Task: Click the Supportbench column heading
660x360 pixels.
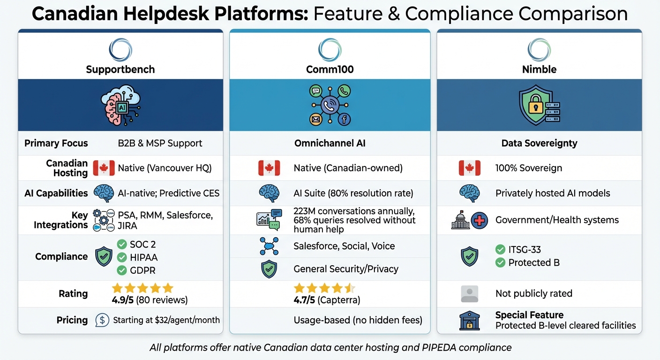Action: (x=120, y=70)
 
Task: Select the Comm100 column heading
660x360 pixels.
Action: (x=330, y=70)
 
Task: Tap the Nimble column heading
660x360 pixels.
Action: (x=539, y=70)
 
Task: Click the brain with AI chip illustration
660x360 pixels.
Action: (x=120, y=105)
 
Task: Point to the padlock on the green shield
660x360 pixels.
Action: (x=535, y=106)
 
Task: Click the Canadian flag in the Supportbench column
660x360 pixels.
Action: (x=104, y=168)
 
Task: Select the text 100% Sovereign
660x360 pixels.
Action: (x=528, y=168)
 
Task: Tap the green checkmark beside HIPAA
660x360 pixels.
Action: (x=122, y=257)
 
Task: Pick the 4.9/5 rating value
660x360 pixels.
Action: (x=125, y=300)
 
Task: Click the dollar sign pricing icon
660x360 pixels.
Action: (x=102, y=320)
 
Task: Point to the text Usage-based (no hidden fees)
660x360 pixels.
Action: (x=358, y=320)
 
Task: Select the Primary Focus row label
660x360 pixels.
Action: (x=56, y=143)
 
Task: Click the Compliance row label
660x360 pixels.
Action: (x=61, y=256)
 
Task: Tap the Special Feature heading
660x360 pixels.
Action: (x=529, y=315)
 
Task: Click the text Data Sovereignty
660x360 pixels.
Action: (x=539, y=143)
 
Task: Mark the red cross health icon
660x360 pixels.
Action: (x=480, y=220)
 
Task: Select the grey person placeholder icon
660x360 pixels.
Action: (x=469, y=294)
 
